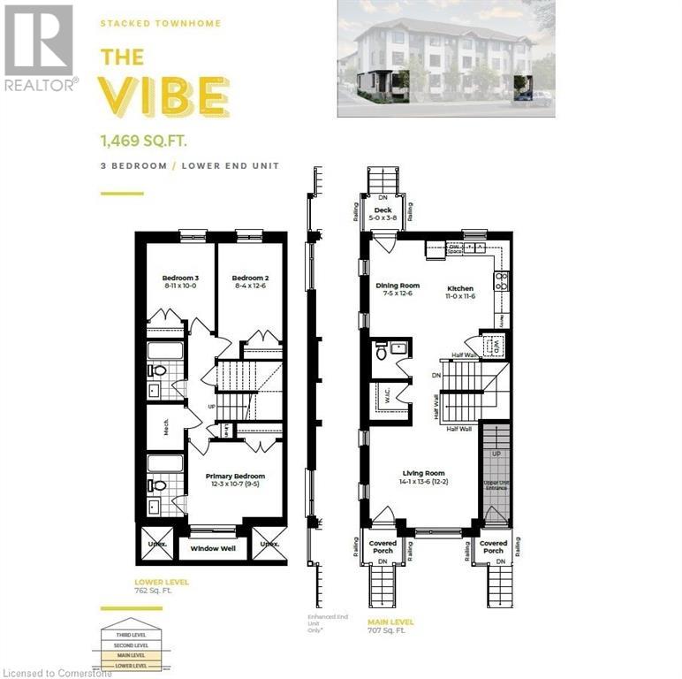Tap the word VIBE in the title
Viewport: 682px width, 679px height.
point(164,97)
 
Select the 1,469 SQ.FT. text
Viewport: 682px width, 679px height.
point(146,139)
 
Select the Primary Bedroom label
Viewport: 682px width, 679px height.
point(235,480)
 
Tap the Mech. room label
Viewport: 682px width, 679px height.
point(165,427)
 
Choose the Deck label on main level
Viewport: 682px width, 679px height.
point(383,214)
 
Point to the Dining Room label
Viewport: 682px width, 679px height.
point(398,290)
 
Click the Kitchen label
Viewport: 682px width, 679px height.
point(460,293)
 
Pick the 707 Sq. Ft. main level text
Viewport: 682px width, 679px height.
point(387,631)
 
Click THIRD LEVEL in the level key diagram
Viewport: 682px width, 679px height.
point(124,635)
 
